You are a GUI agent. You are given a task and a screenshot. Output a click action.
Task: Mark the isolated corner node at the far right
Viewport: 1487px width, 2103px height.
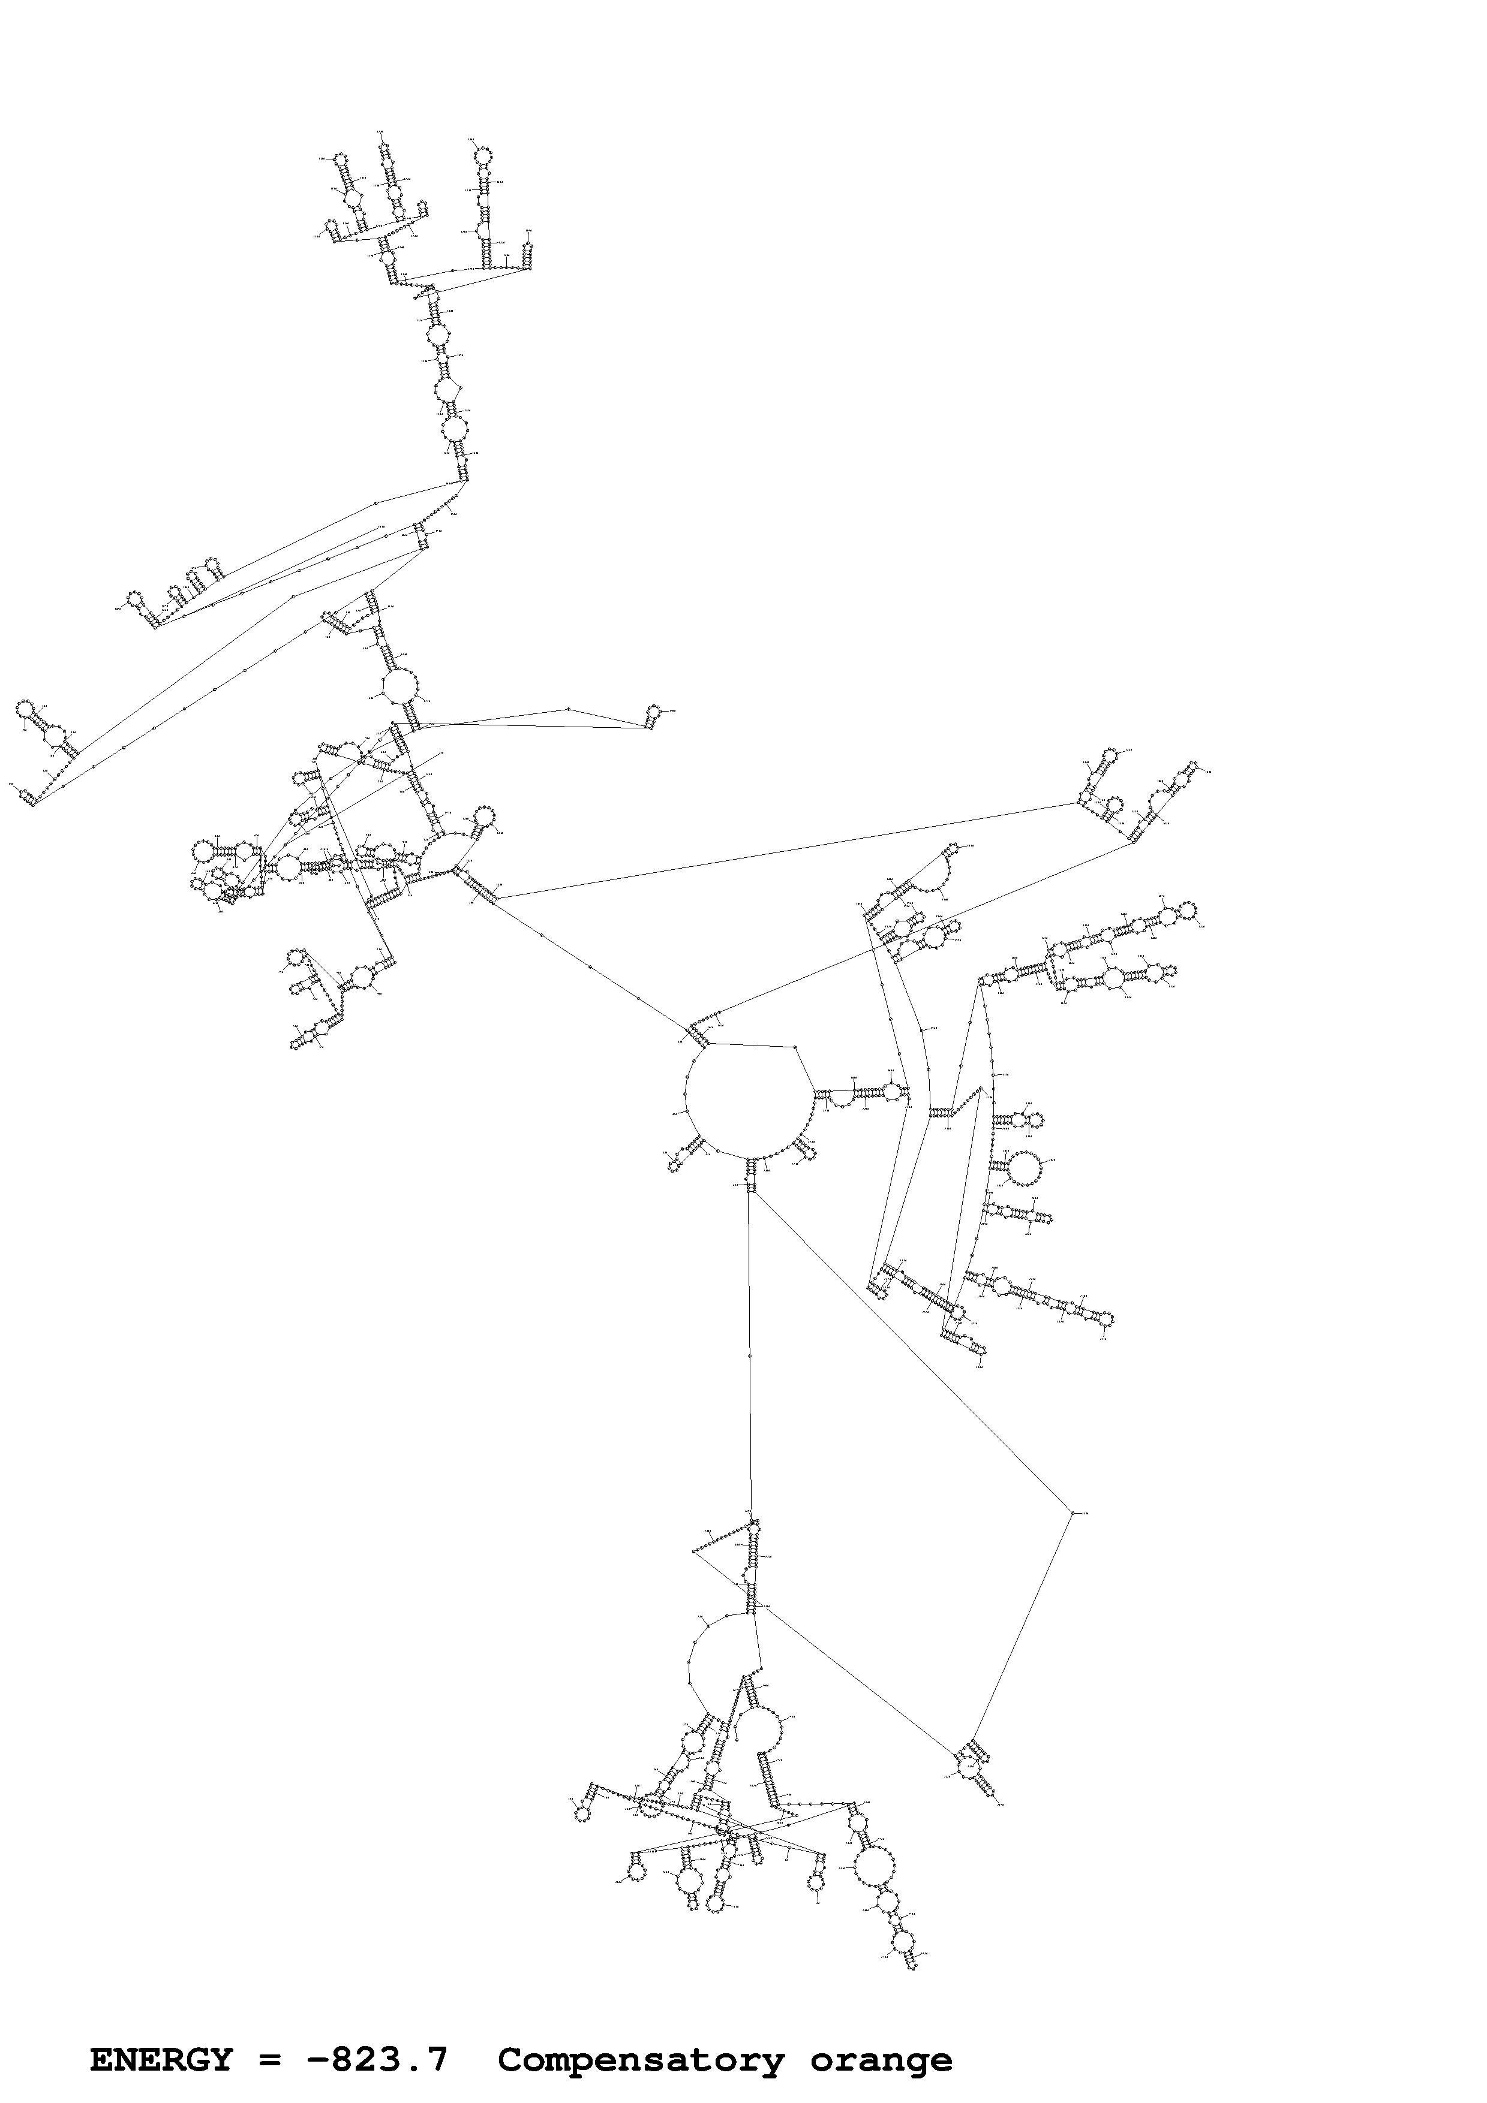1072,1513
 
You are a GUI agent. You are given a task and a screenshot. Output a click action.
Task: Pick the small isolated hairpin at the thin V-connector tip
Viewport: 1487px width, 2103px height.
653,711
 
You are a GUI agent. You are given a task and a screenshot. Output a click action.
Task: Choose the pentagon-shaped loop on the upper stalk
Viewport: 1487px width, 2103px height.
447,391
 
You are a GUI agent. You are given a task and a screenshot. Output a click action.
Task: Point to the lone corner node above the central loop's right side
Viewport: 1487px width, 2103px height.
794,1046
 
